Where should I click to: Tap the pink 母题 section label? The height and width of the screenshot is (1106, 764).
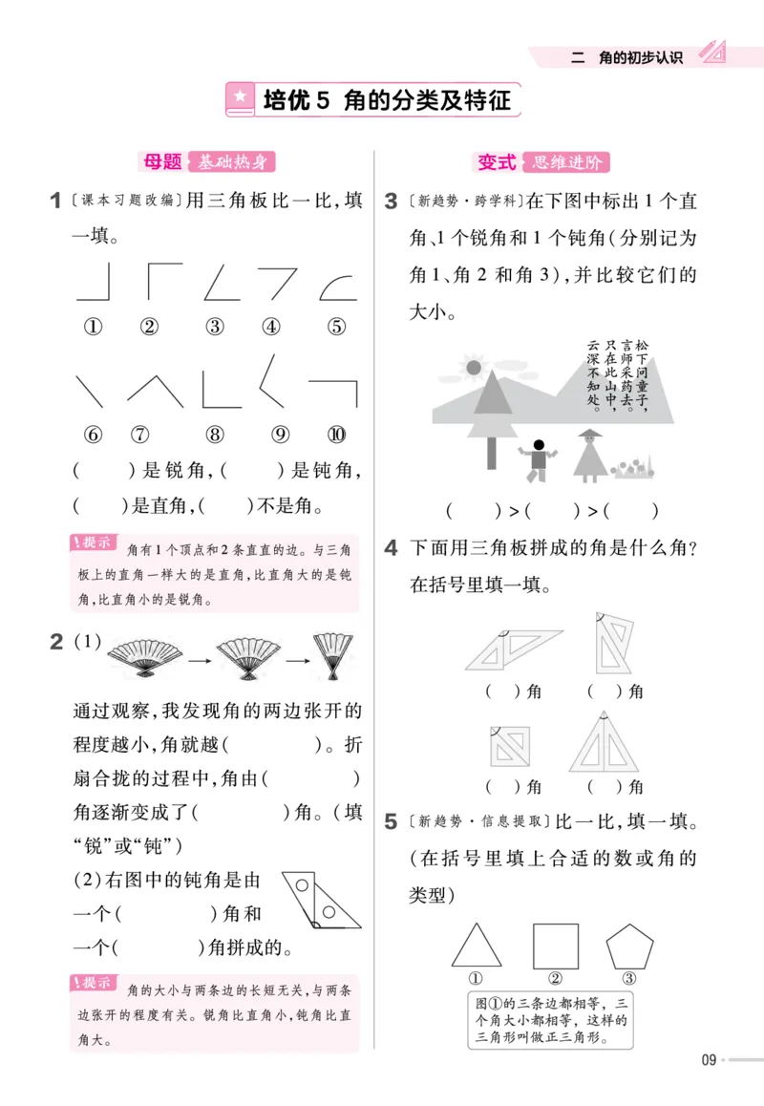click(x=161, y=162)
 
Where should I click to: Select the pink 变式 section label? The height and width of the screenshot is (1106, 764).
click(x=497, y=162)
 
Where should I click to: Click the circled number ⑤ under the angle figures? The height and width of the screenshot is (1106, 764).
click(x=335, y=327)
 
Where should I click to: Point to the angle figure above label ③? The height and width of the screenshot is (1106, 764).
click(x=220, y=283)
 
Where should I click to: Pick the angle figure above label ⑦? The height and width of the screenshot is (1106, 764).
click(x=156, y=390)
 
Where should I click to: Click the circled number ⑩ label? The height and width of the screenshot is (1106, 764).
click(x=335, y=435)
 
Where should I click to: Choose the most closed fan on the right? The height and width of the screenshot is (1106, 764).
click(x=333, y=657)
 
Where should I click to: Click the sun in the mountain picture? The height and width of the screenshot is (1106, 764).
click(x=472, y=365)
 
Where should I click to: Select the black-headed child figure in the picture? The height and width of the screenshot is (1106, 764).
click(x=538, y=459)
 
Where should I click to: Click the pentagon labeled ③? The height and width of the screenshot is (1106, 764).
click(x=629, y=946)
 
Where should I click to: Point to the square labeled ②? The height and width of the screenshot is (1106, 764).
click(x=555, y=946)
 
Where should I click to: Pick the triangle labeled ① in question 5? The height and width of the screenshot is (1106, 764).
click(x=477, y=947)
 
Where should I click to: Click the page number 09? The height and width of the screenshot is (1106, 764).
click(x=708, y=1058)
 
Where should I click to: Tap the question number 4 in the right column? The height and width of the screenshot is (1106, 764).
click(x=391, y=548)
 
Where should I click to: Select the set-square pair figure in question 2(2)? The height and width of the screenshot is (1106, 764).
click(x=327, y=900)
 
